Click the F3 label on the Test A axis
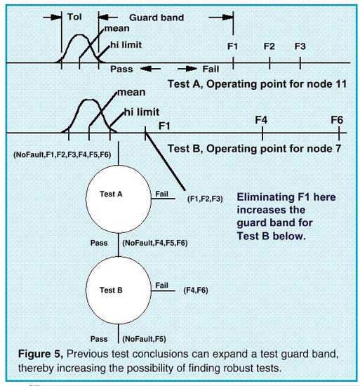(x=300, y=46)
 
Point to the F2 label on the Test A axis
(x=269, y=46)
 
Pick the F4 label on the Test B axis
(x=260, y=120)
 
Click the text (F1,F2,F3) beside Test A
(x=205, y=199)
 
